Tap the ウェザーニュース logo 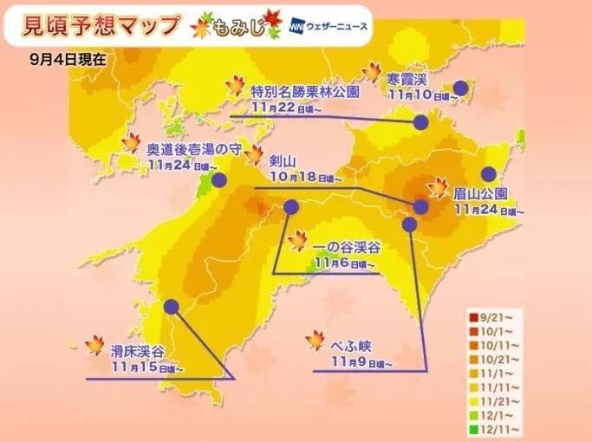coord(329,25)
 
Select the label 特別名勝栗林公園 coord(299,90)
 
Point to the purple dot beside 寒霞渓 coord(460,88)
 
